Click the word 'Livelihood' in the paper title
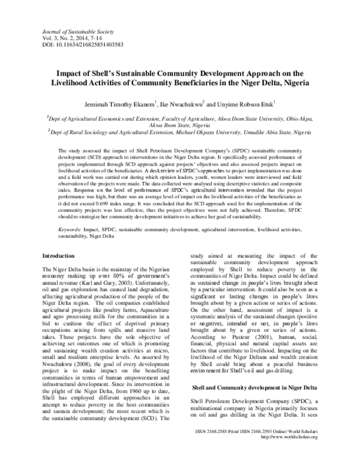(x=80, y=83)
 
